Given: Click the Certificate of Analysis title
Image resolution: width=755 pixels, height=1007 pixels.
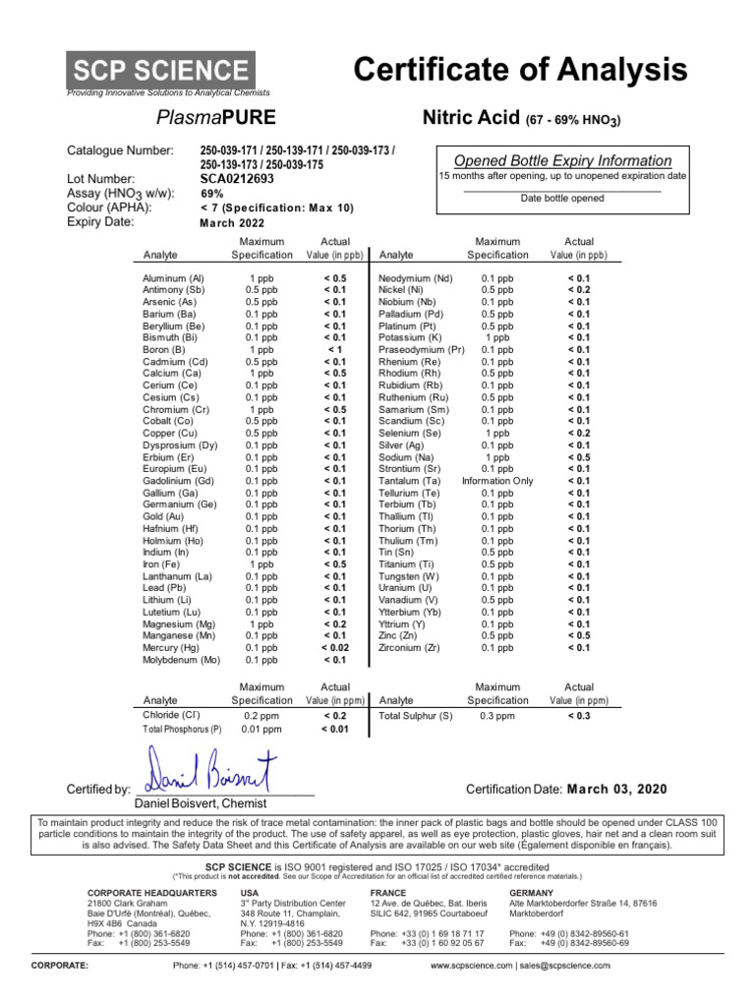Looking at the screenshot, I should (520, 70).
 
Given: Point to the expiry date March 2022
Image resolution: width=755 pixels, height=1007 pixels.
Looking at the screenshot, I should (233, 222).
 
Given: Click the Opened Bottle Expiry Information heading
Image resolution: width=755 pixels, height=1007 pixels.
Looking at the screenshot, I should (562, 160).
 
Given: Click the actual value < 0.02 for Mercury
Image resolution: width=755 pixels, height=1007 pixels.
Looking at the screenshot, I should (334, 647).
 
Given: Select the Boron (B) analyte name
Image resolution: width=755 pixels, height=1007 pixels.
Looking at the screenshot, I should (163, 349).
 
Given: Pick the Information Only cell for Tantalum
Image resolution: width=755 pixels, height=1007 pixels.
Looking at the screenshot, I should (496, 481).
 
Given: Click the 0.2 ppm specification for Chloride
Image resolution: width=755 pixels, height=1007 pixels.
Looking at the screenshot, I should (261, 716).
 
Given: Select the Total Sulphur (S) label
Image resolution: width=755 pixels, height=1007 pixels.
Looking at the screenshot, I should (416, 716).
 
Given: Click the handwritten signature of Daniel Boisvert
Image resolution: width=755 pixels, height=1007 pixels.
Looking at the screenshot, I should (212, 770).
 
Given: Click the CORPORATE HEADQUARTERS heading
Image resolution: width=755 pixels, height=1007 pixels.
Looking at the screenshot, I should (152, 892).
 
